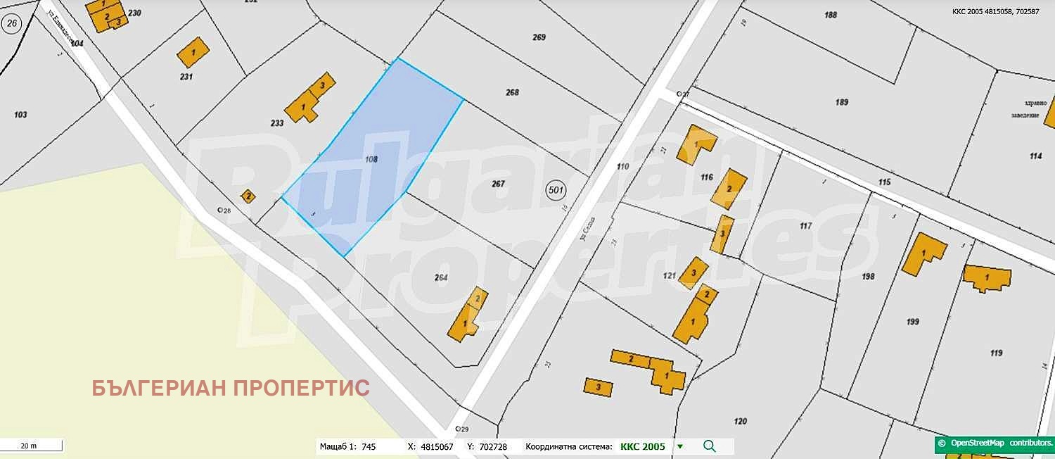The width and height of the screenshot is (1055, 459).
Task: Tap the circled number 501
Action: (x=556, y=190)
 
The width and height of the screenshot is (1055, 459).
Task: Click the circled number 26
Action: (x=11, y=24)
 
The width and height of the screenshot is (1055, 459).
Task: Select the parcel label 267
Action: (x=498, y=184)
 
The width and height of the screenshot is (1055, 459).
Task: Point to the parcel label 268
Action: (x=512, y=92)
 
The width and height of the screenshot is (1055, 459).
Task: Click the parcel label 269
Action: (x=539, y=37)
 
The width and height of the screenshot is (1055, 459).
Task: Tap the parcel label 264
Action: (x=441, y=277)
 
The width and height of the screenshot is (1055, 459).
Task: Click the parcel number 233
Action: (x=277, y=123)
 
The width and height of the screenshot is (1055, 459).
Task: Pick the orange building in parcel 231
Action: (x=193, y=53)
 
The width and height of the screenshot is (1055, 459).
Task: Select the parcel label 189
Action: (x=842, y=102)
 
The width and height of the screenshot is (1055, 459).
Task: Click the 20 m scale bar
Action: (x=31, y=446)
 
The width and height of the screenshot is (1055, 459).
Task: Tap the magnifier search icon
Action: (x=710, y=446)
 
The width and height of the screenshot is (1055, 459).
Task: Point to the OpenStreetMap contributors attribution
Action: (x=995, y=443)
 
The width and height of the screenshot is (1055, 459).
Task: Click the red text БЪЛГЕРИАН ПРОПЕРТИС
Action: (x=231, y=388)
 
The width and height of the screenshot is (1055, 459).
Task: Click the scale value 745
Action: (x=369, y=446)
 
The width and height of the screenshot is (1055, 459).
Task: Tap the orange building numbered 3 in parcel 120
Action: (x=598, y=386)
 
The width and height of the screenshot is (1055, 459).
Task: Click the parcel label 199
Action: (x=913, y=322)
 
